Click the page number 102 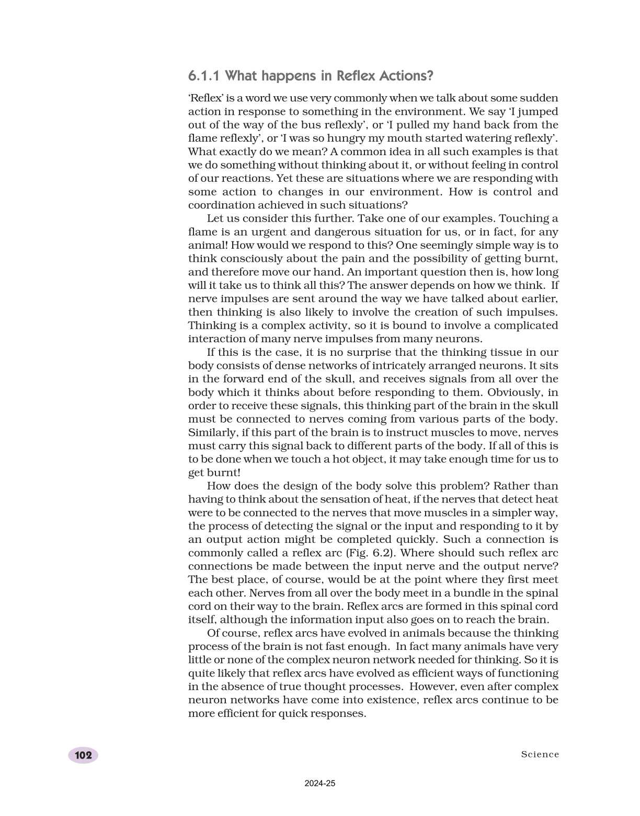click(x=83, y=755)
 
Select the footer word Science click(x=540, y=754)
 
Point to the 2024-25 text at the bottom click(x=319, y=784)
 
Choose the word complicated click(x=525, y=325)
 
